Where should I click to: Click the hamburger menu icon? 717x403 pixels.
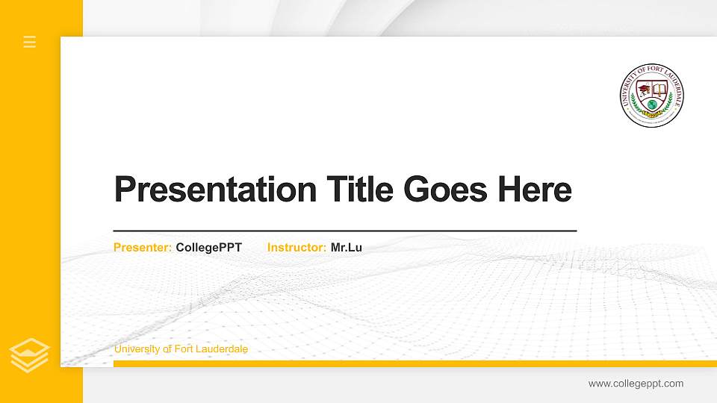pos(30,42)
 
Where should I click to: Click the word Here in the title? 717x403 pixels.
pos(535,190)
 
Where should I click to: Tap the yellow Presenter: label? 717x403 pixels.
pos(143,247)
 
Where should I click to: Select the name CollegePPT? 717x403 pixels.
pos(209,247)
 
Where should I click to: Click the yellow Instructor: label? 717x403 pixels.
pos(297,247)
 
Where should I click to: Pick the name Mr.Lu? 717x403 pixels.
pos(347,247)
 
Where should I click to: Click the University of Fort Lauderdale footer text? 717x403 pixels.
pos(181,349)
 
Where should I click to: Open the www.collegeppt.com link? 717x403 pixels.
pos(636,384)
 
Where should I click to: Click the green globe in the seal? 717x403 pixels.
pos(652,104)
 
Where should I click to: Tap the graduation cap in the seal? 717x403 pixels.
pos(644,90)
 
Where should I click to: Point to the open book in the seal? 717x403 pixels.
pos(660,90)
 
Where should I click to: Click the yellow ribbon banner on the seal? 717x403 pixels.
pos(652,114)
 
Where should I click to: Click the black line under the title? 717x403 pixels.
pos(345,231)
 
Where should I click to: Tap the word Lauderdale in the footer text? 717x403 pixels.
pos(222,349)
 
